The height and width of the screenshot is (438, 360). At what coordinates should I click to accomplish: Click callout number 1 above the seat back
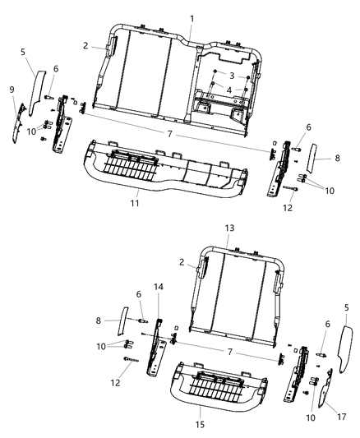(x=192, y=18)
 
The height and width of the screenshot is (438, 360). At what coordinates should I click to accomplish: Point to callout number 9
(x=12, y=90)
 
